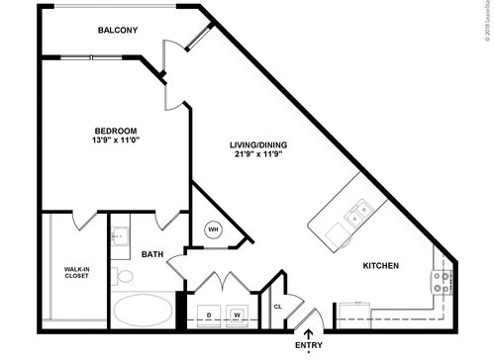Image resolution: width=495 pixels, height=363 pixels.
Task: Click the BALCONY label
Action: coord(117,31)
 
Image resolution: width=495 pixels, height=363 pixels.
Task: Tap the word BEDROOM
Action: coord(115,131)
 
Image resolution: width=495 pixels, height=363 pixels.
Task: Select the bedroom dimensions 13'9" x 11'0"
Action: coord(115,141)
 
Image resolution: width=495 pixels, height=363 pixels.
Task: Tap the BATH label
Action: coord(151,254)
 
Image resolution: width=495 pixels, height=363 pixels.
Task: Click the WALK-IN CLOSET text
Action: coord(76,272)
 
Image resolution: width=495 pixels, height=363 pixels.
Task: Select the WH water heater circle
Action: coord(213,230)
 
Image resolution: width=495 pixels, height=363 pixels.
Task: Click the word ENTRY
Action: coord(309,345)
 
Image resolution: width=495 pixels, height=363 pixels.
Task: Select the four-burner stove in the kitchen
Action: coord(442,282)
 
